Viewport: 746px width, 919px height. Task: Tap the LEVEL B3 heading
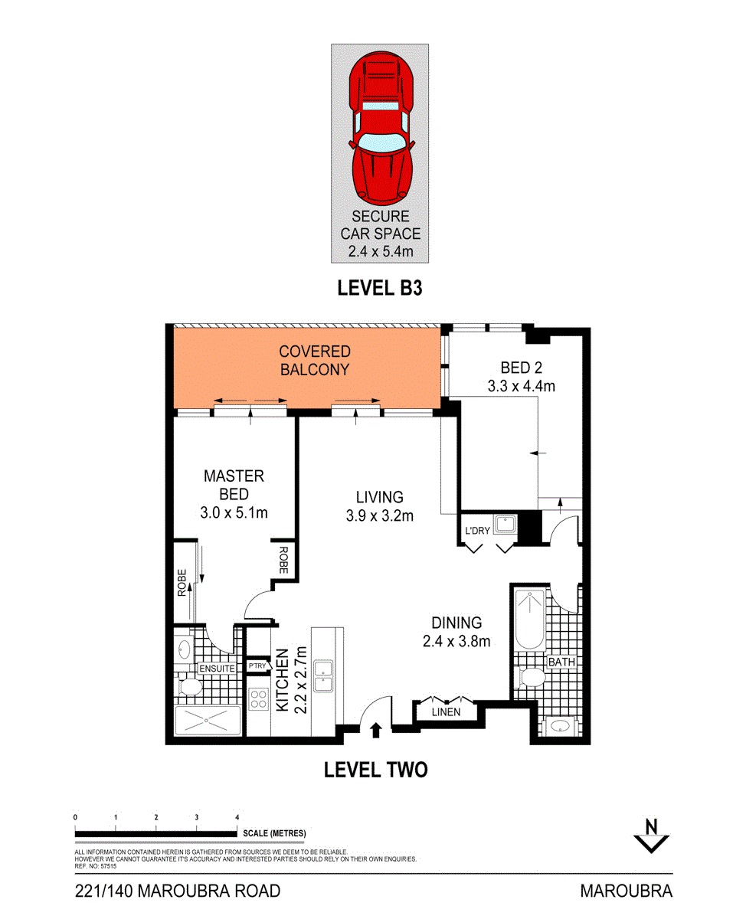[x=380, y=289]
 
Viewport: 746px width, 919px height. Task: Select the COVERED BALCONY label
[x=314, y=361]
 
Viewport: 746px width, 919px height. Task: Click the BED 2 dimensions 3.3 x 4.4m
[x=521, y=386]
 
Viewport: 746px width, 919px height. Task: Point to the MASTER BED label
[x=234, y=485]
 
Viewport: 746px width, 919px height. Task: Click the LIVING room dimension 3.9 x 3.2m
[x=379, y=515]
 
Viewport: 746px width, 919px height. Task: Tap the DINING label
[x=456, y=623]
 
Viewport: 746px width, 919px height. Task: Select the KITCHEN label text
[x=282, y=682]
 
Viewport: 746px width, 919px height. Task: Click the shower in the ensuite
[x=208, y=721]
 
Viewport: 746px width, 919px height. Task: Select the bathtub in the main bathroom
[x=528, y=620]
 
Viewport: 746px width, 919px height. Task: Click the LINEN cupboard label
[x=446, y=712]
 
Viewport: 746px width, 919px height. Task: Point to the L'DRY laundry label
[x=476, y=530]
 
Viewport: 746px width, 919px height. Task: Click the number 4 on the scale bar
[x=237, y=817]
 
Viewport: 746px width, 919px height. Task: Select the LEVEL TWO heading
[x=375, y=770]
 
